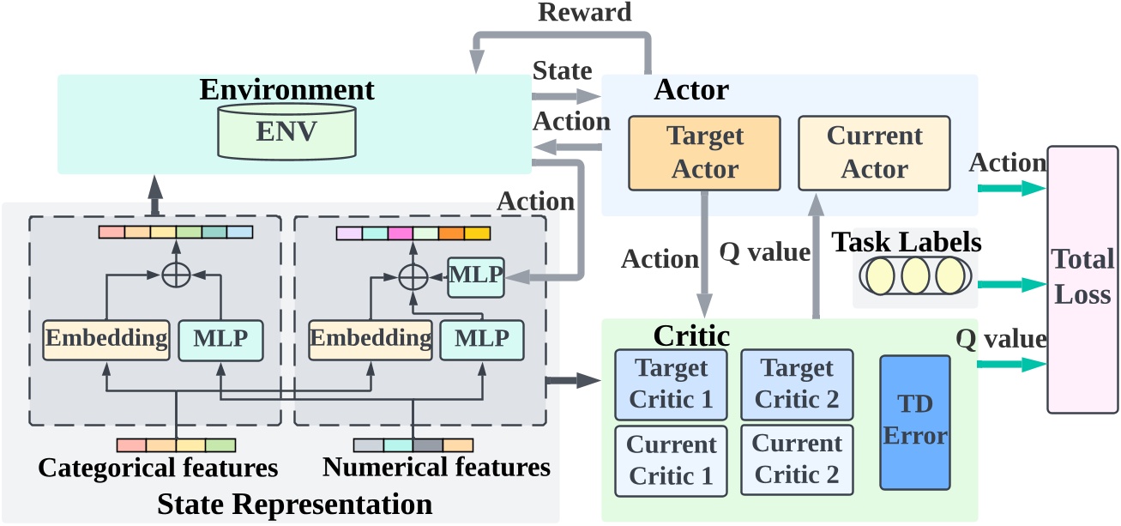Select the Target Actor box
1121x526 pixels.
click(704, 153)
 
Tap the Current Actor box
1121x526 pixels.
click(874, 153)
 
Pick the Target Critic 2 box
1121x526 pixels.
click(798, 384)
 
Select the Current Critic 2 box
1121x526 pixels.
click(798, 460)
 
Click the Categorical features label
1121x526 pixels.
click(158, 468)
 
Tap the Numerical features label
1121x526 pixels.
click(436, 468)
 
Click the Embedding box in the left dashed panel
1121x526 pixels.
click(107, 338)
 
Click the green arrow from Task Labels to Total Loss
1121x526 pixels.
click(1016, 282)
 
